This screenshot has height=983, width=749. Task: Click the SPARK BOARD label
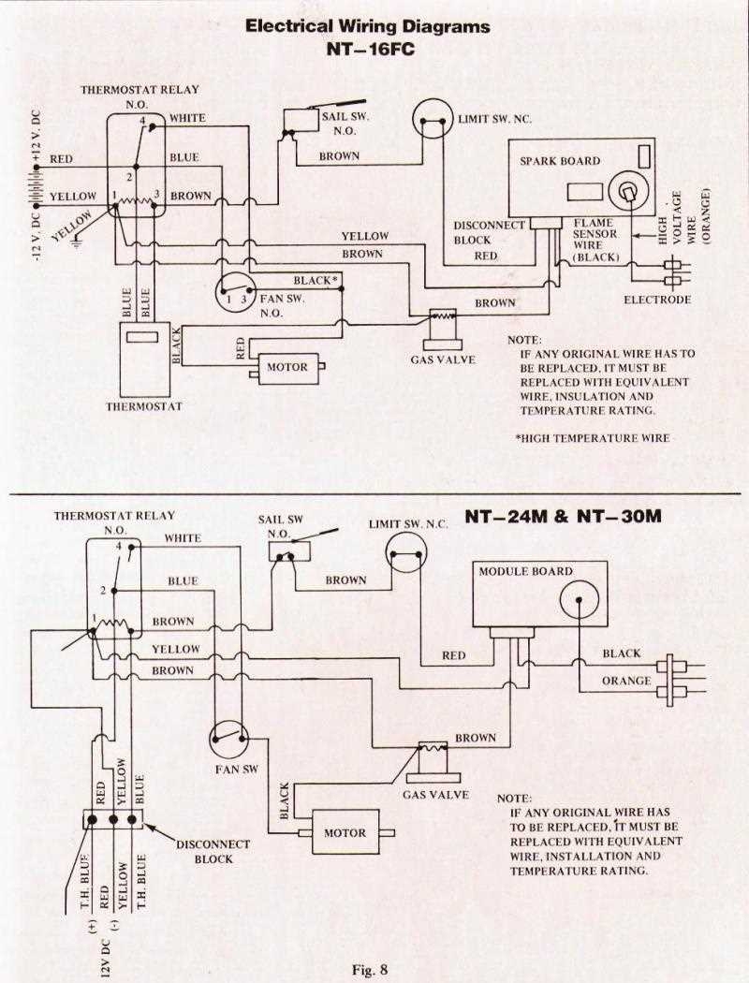tap(560, 161)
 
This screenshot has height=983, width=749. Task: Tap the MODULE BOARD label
tap(525, 571)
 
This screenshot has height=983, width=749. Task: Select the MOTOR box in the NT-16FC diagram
tap(286, 367)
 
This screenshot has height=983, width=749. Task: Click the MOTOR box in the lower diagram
tap(345, 832)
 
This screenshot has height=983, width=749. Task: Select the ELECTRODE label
tap(657, 300)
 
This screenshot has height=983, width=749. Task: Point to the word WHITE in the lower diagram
tap(183, 538)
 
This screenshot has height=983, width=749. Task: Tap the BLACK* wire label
tap(313, 281)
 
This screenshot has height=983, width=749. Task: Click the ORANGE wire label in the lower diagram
tap(625, 681)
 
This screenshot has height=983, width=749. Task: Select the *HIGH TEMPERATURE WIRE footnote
tap(593, 438)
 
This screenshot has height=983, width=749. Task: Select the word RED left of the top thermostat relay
tap(62, 158)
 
